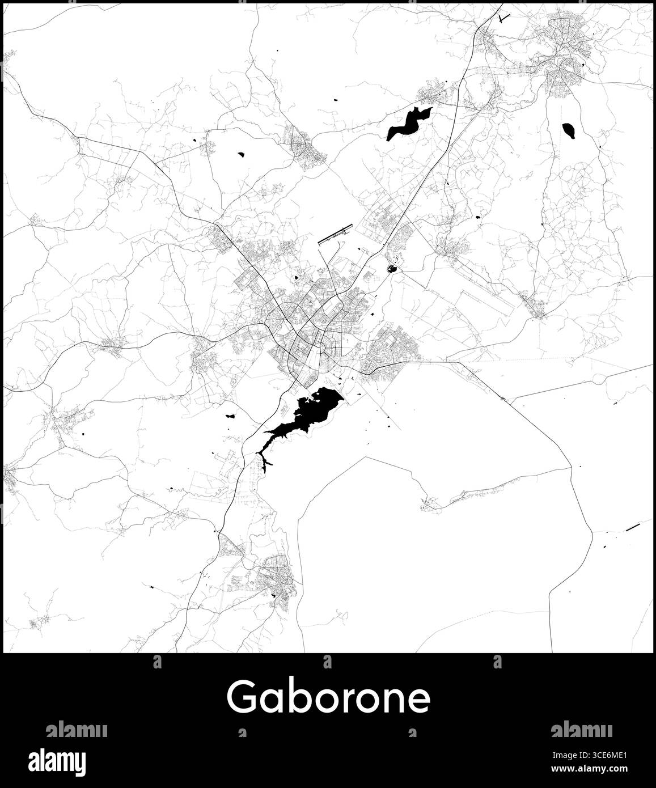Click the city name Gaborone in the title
coord(328,697)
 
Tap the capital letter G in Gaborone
coord(241,697)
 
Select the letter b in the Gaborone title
coord(295,696)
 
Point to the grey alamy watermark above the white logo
coord(77,729)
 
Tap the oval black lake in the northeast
coord(569,131)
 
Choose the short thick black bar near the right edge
coord(632,528)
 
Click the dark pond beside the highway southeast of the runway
coord(391,269)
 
